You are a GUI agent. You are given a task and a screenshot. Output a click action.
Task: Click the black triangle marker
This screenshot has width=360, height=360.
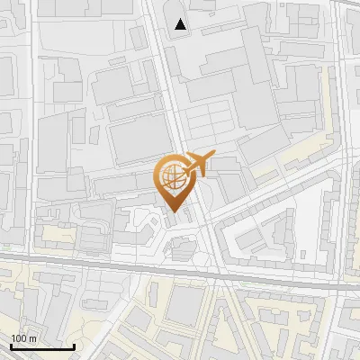tap(182, 25)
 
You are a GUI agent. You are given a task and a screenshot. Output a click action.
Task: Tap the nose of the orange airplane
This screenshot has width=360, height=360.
tap(214, 157)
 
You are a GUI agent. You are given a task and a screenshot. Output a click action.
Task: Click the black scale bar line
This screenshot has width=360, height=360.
tap(42, 347)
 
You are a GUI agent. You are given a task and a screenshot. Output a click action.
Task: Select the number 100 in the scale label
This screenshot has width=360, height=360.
tap(17, 338)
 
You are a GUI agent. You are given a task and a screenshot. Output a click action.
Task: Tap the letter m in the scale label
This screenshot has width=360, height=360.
tap(31, 338)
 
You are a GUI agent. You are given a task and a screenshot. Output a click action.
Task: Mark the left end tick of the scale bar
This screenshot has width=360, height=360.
tap(11, 346)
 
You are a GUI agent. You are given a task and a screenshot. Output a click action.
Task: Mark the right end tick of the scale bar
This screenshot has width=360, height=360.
tap(74, 346)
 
